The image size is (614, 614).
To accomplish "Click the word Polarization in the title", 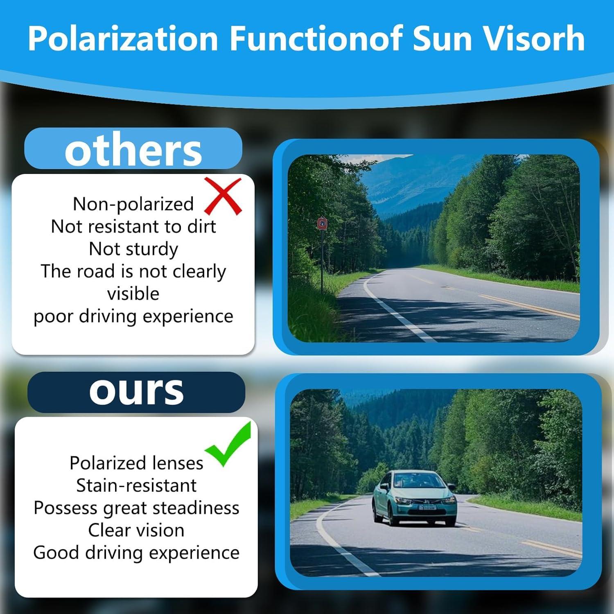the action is point(123,38).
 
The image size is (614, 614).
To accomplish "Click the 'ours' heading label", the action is point(136,391).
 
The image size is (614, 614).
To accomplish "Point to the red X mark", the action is point(223,196).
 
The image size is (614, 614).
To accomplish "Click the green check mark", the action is point(228,444).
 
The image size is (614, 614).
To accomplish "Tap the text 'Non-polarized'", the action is point(133,204).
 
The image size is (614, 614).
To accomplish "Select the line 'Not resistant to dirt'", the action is point(133,226).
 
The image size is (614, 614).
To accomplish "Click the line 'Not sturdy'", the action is point(133,249).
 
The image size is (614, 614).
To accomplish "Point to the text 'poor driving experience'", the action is point(133,316).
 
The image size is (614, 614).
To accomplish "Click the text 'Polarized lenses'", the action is point(136,463).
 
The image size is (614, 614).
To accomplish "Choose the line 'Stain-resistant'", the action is point(136,485).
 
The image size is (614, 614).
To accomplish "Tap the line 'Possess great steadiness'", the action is point(136,508).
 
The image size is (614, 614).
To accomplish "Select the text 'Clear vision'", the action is point(136,530).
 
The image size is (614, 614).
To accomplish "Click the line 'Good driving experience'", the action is point(136,553).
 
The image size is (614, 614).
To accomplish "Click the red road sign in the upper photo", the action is point(322,223).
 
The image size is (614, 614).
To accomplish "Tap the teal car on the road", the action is point(414,498).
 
